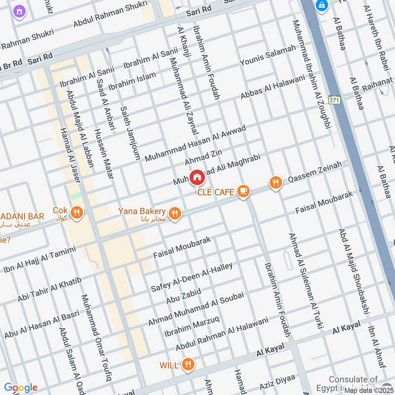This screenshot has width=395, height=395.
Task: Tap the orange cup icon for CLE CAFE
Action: tap(243, 191)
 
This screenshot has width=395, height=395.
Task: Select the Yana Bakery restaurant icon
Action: tap(174, 213)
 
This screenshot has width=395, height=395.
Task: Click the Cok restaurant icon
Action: tap(76, 213)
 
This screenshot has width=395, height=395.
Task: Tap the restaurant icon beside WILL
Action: tap(187, 365)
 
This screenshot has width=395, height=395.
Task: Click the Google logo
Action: tap(20, 388)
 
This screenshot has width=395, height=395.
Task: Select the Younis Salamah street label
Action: tap(268, 55)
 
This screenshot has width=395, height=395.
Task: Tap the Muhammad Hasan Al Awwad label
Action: tap(195, 144)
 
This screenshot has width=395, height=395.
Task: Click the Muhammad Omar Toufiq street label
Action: tap(96, 338)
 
